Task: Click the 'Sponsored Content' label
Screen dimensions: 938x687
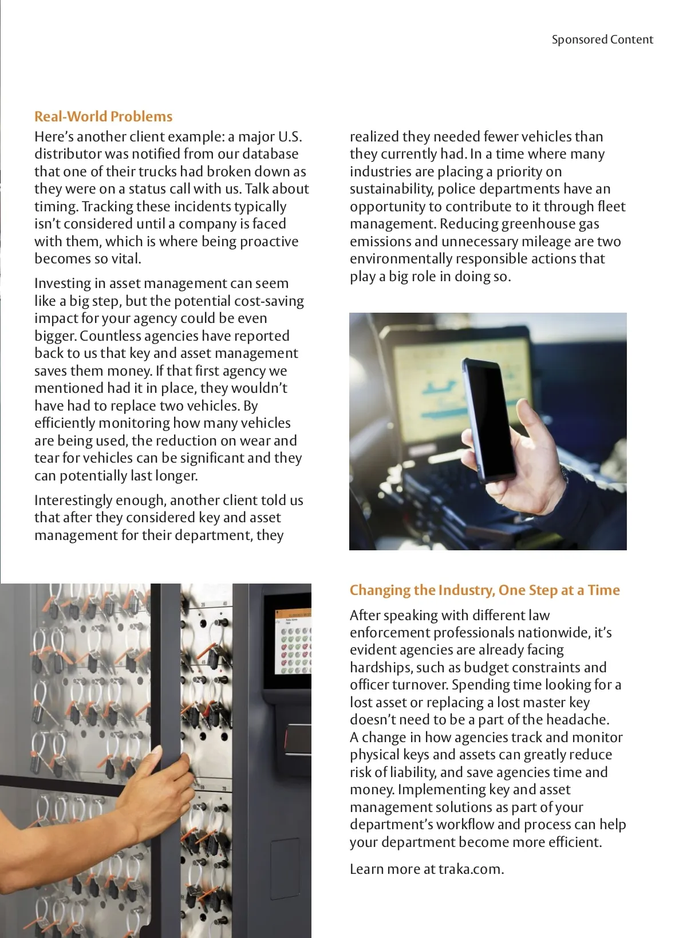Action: click(x=602, y=40)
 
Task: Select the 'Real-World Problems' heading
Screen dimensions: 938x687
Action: click(x=103, y=116)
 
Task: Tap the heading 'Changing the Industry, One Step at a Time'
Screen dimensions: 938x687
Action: click(x=484, y=590)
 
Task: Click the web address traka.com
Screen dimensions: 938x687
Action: click(x=471, y=869)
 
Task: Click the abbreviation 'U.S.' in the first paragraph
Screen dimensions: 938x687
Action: click(x=290, y=136)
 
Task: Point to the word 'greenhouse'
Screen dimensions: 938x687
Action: click(x=538, y=224)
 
